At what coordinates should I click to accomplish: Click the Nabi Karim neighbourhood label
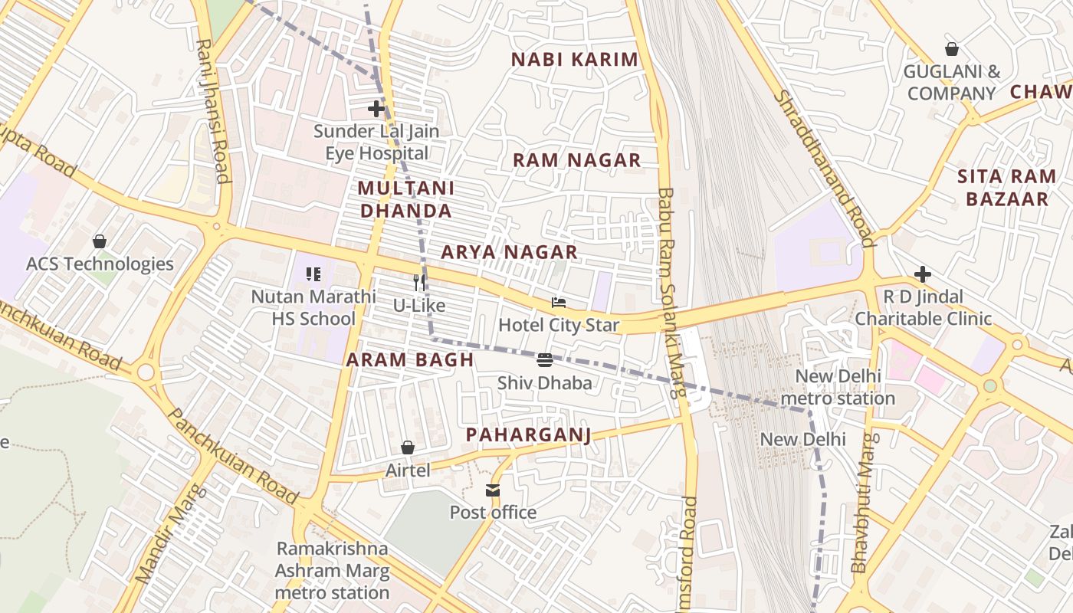point(574,60)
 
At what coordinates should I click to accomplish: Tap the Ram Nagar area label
point(576,160)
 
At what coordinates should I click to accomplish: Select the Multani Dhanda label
point(405,199)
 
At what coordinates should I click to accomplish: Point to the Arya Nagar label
point(509,252)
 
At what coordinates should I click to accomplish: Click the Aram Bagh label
point(409,359)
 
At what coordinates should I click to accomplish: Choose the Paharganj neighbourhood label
point(529,435)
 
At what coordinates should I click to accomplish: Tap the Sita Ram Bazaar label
point(1006,188)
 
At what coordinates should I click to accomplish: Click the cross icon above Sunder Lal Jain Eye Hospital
point(376,109)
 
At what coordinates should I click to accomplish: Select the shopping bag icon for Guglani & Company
point(951,49)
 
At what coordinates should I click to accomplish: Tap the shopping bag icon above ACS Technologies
point(99,241)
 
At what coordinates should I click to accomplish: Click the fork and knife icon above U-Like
point(419,282)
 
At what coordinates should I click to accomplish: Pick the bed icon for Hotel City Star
point(558,303)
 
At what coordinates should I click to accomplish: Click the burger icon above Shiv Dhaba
point(545,359)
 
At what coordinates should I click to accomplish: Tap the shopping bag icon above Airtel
point(408,447)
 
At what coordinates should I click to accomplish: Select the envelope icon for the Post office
point(492,490)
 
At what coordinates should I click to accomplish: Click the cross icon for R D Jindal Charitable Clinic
point(923,274)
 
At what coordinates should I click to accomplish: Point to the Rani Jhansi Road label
point(213,111)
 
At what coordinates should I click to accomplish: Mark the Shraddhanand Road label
point(824,169)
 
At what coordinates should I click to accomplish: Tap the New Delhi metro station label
point(837,387)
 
